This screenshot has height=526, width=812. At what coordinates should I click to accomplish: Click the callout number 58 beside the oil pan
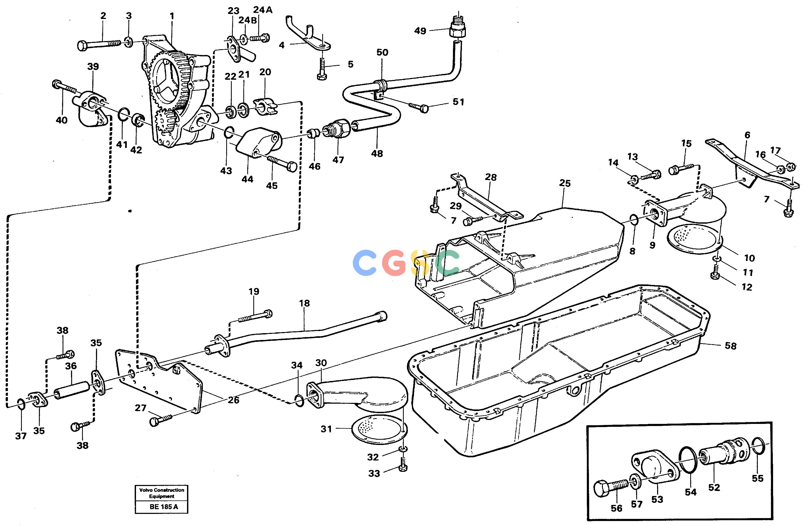(x=730, y=346)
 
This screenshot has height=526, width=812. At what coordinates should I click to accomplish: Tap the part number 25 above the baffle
(x=565, y=183)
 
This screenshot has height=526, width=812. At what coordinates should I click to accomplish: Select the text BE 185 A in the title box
(x=164, y=507)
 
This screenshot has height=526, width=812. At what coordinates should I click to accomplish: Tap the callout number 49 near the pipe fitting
(x=420, y=31)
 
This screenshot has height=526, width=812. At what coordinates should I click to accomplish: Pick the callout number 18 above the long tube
(x=304, y=303)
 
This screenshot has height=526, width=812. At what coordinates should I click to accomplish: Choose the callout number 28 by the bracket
(x=491, y=177)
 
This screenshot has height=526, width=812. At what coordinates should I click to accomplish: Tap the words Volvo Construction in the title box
(x=162, y=490)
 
